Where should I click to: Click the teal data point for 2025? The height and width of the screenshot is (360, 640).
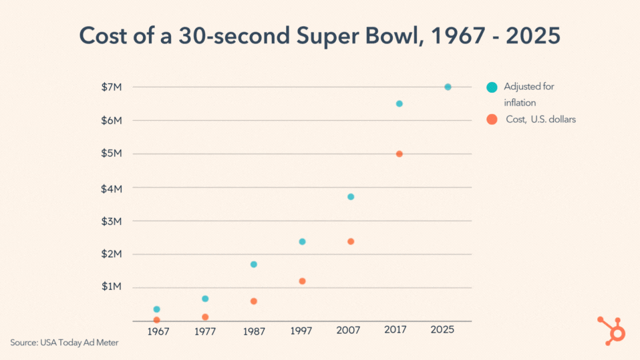tap(448, 87)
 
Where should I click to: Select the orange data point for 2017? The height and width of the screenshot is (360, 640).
tap(399, 154)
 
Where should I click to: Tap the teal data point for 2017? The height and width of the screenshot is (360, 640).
tap(399, 104)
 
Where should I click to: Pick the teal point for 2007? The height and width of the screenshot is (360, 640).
tap(351, 197)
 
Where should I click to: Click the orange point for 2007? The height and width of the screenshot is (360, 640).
tap(351, 241)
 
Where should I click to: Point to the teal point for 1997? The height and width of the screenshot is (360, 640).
tap(302, 242)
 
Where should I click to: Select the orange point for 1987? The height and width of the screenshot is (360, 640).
tap(254, 301)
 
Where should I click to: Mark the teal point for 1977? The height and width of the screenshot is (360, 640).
tap(205, 299)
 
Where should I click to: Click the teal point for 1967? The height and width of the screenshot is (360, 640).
tap(157, 309)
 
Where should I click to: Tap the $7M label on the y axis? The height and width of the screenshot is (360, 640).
tap(112, 87)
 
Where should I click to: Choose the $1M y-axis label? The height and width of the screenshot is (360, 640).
tap(112, 287)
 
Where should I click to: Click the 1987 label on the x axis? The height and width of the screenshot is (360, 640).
tap(254, 331)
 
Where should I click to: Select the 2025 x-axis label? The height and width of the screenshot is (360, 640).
tap(442, 330)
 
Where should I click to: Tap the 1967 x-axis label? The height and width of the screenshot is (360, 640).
tap(158, 331)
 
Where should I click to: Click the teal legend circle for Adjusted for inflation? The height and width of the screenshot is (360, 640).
tap(492, 87)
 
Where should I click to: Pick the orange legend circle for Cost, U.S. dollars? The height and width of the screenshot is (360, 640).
tap(492, 119)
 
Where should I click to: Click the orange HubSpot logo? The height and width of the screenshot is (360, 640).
tap(613, 330)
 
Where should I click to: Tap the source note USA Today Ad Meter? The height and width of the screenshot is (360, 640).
tap(64, 343)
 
